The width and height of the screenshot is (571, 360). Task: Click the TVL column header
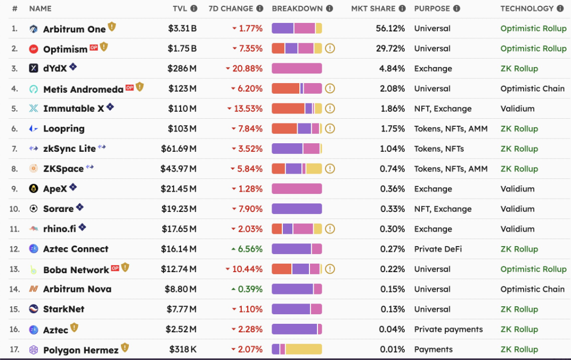[x=180, y=9]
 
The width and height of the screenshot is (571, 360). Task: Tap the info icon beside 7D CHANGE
[x=259, y=9]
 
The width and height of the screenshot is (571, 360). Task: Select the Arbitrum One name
[x=74, y=29]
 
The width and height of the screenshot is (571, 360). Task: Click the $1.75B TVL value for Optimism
[x=182, y=48]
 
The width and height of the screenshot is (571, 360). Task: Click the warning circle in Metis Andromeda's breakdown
[x=330, y=88]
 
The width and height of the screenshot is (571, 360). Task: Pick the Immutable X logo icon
[x=34, y=109]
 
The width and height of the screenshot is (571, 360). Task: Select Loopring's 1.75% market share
[x=393, y=128]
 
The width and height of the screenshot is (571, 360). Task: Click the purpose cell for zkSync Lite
[x=439, y=149]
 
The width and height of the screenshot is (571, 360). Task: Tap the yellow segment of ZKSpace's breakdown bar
[x=314, y=168]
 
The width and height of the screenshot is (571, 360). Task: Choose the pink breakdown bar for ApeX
[x=297, y=189]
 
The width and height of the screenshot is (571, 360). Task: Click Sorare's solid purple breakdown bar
[x=297, y=209]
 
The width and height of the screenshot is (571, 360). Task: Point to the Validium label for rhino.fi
[x=518, y=229]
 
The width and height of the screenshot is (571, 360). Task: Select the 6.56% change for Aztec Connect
[x=247, y=249]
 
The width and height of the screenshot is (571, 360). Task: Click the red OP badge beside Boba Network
[x=115, y=268]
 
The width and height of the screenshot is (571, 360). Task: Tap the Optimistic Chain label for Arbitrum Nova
[x=533, y=289]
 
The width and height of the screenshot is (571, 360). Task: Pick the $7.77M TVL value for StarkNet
[x=181, y=309]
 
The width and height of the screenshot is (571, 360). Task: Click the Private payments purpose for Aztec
[x=448, y=330]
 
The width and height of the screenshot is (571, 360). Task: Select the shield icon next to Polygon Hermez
[x=125, y=348]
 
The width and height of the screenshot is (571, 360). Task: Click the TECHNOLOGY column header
[x=527, y=9]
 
